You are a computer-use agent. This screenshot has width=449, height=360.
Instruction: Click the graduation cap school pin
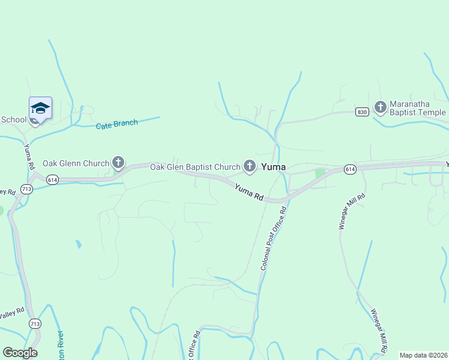tap(40, 109)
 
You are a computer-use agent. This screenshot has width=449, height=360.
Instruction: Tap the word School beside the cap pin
tap(14, 119)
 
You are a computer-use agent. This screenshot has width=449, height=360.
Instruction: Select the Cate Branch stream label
tap(116, 124)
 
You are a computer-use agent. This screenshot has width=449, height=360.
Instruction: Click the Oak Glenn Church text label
tap(76, 163)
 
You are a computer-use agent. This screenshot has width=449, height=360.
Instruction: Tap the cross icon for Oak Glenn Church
tap(118, 162)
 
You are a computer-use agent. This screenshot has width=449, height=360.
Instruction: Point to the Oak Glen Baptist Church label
tap(194, 166)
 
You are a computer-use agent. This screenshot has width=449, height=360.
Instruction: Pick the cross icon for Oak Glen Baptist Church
tap(250, 166)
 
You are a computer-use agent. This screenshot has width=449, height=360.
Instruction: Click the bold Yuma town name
tap(273, 166)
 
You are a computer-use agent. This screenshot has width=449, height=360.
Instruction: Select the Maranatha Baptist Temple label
tap(418, 108)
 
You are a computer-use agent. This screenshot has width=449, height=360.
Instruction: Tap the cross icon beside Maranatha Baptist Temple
tap(379, 107)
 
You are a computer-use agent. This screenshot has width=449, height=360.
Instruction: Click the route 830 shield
tap(361, 112)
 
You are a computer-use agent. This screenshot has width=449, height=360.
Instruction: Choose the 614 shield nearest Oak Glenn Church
tap(52, 179)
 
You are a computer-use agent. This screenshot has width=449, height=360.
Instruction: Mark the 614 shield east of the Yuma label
tap(350, 170)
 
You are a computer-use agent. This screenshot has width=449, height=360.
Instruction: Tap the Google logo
tap(20, 353)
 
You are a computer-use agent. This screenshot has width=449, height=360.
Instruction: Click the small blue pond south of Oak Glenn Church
tap(78, 244)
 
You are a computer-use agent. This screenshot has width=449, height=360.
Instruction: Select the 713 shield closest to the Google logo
tap(35, 323)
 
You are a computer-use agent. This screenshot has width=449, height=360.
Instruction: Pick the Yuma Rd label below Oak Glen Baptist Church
tap(249, 191)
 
